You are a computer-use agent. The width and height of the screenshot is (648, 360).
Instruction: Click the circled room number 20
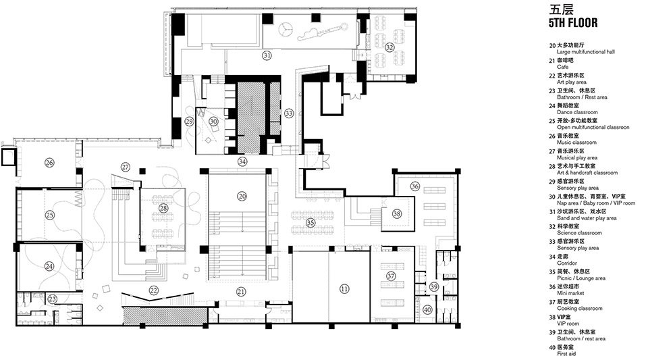(x=242, y=197)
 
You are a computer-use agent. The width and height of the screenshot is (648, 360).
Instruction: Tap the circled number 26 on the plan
(x=49, y=162)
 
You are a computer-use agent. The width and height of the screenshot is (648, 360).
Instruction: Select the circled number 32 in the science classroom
(x=389, y=47)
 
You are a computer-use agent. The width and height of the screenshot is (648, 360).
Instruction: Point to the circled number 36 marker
(x=415, y=186)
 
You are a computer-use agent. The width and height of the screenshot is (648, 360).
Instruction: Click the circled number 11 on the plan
(x=344, y=289)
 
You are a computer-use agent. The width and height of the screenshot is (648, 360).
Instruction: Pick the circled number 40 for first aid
(x=427, y=309)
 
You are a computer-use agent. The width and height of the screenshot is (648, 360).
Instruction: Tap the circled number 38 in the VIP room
(x=397, y=213)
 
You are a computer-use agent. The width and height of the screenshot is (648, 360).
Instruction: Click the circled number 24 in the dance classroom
(x=49, y=266)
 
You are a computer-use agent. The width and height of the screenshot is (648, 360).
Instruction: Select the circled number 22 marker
(x=154, y=290)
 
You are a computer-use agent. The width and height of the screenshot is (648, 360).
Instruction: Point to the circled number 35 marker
(x=310, y=223)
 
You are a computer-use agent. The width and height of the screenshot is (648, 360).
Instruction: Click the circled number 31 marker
(x=267, y=55)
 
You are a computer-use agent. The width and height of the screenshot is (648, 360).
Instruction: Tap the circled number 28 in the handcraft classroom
(x=163, y=208)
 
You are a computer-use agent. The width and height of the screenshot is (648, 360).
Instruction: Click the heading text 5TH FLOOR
(x=573, y=23)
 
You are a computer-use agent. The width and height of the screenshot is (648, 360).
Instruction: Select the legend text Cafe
(x=562, y=67)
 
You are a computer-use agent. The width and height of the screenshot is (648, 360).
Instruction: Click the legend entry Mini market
(x=571, y=293)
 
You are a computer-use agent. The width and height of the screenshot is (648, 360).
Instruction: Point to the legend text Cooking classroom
(x=579, y=309)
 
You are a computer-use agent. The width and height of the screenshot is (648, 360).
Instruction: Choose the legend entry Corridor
(x=566, y=263)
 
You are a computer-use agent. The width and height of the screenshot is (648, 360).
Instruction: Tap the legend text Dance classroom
(x=577, y=112)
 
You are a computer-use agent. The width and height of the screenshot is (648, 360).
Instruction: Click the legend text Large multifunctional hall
(x=586, y=51)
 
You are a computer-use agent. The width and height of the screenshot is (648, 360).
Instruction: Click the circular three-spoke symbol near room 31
(x=285, y=28)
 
